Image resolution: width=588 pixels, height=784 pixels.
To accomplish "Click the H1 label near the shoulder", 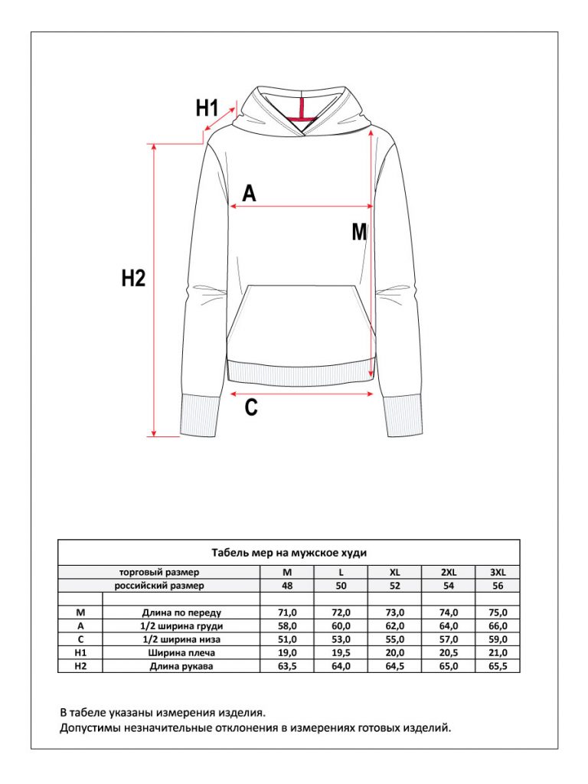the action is click(207, 107).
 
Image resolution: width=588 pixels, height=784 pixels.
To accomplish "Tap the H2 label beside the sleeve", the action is click(133, 277).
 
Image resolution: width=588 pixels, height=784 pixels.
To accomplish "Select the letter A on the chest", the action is click(249, 193).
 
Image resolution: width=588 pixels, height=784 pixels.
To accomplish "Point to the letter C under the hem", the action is click(251, 407).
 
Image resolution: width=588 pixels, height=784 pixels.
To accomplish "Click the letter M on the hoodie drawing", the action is click(360, 232).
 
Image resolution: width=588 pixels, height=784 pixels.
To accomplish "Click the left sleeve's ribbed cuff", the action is click(200, 415).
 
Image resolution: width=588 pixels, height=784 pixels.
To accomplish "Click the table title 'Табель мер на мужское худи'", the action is click(289, 553).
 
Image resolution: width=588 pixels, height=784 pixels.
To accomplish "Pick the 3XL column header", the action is click(498, 573).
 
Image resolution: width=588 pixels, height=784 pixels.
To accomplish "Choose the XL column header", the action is click(394, 573).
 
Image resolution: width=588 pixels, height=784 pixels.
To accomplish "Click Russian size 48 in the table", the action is click(287, 586).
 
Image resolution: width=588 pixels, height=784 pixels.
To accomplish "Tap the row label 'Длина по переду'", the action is click(181, 612).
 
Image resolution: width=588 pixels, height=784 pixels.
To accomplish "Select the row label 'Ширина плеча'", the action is click(181, 652).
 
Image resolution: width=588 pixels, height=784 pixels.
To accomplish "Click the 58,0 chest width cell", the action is click(287, 626).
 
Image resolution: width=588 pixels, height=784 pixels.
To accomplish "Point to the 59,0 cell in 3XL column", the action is click(498, 639).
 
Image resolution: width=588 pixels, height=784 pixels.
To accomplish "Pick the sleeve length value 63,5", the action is click(287, 666).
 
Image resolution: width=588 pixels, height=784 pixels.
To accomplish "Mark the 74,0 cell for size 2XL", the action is click(449, 612).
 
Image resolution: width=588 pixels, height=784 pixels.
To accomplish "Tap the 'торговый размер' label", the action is click(159, 573).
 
